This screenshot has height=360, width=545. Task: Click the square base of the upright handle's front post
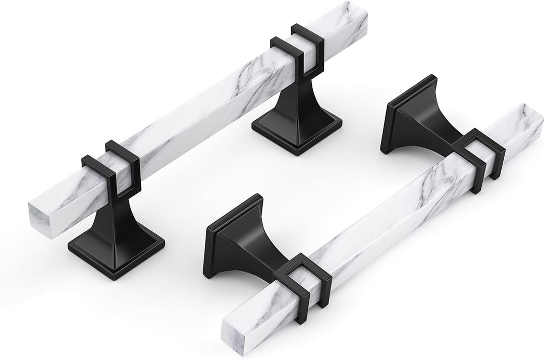click(116, 250)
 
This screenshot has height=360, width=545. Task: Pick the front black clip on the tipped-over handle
click(303, 280)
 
